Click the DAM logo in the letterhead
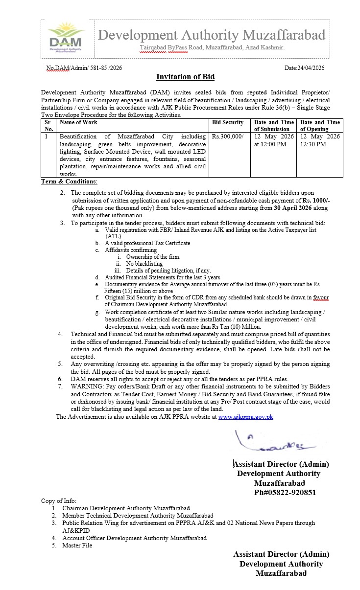pyautogui.click(x=65, y=36)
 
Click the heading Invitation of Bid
pyautogui.click(x=185, y=77)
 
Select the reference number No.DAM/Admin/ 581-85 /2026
pyautogui.click(x=84, y=68)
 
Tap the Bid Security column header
pyautogui.click(x=227, y=122)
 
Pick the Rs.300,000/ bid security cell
pyautogui.click(x=227, y=136)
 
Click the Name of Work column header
pyautogui.click(x=78, y=122)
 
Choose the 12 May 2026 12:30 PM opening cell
pyautogui.click(x=320, y=140)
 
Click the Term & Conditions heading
pyautogui.click(x=69, y=182)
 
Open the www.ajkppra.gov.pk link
pyautogui.click(x=245, y=417)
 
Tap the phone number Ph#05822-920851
pyautogui.click(x=285, y=493)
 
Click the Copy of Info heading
pyautogui.click(x=59, y=501)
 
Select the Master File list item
pyautogui.click(x=77, y=545)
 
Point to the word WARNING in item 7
pyautogui.click(x=86, y=386)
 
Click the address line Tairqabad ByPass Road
pyautogui.click(x=212, y=48)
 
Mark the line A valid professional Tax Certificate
pyautogui.click(x=147, y=243)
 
